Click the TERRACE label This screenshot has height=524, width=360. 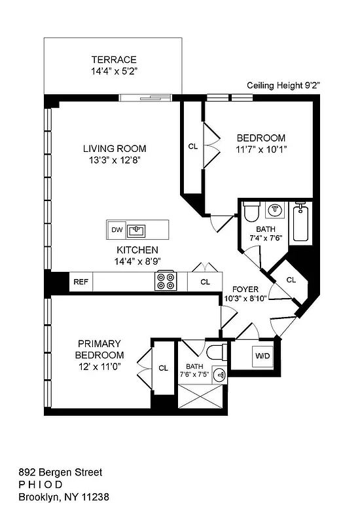pyautogui.click(x=114, y=59)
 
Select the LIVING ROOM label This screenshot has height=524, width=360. pyautogui.click(x=115, y=149)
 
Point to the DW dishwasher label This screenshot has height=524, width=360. pyautogui.click(x=117, y=230)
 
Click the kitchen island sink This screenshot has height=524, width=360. pyautogui.click(x=137, y=230)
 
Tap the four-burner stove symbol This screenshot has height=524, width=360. pyautogui.click(x=165, y=282)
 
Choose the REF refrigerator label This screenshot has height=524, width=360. pyautogui.click(x=81, y=282)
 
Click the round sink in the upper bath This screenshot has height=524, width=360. pyautogui.click(x=275, y=210)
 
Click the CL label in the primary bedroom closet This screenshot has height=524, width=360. pyautogui.click(x=163, y=368)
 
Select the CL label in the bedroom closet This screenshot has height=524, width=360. pyautogui.click(x=192, y=147)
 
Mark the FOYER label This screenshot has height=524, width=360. pyautogui.click(x=245, y=289)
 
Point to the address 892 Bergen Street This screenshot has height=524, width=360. pyautogui.click(x=60, y=472)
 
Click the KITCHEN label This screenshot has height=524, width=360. pyautogui.click(x=137, y=250)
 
